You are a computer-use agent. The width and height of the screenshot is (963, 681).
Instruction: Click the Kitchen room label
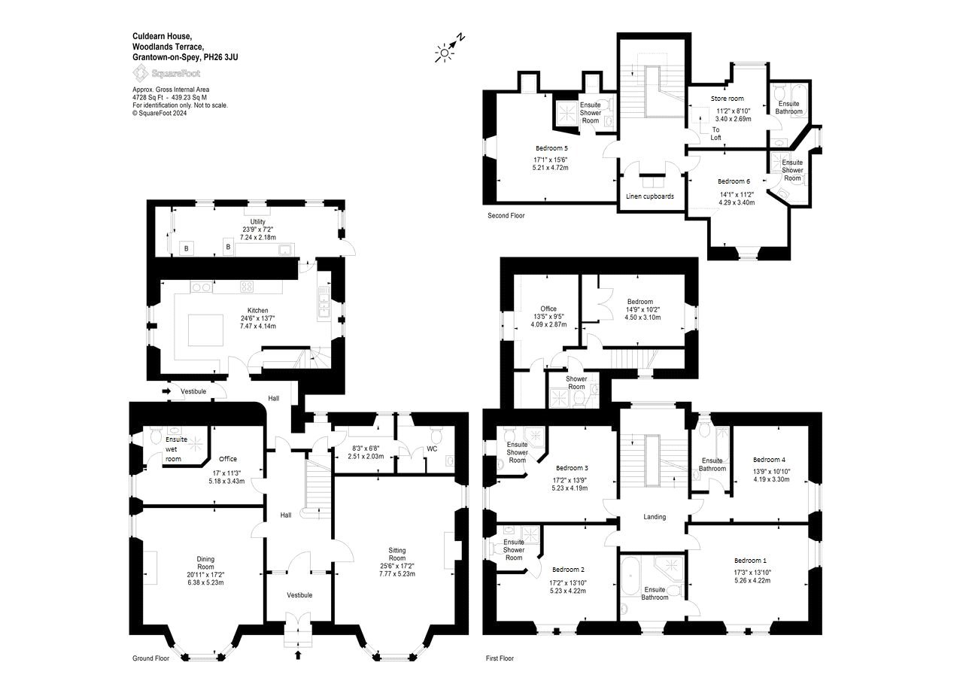tap(257, 311)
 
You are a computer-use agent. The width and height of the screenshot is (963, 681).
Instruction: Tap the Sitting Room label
tap(396, 554)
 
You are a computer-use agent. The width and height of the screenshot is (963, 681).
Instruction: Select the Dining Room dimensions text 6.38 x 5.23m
tap(205, 582)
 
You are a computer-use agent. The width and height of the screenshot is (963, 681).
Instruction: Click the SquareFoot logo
tap(166, 73)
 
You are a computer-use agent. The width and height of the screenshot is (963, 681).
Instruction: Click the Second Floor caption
tap(506, 215)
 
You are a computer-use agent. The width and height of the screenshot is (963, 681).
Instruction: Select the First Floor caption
tap(500, 658)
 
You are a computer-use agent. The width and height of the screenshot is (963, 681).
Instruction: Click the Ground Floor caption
tap(150, 658)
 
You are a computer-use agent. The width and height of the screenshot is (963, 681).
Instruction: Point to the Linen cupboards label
tap(649, 196)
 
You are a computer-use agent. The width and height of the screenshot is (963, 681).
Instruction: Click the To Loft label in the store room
tap(715, 134)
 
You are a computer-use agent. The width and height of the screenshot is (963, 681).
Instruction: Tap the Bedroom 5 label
tap(551, 148)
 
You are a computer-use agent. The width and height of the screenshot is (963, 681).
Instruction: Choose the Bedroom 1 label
tap(750, 561)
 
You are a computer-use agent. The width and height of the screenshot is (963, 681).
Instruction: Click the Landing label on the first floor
tap(655, 517)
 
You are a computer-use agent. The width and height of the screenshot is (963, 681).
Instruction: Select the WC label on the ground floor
tap(432, 448)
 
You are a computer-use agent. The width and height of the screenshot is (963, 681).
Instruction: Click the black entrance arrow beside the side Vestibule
tap(166, 391)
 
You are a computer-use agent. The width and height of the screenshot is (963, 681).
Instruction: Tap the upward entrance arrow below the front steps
tap(297, 655)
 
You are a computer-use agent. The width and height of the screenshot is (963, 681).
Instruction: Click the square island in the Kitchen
tap(205, 330)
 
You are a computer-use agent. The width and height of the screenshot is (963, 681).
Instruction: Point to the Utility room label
tap(257, 222)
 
